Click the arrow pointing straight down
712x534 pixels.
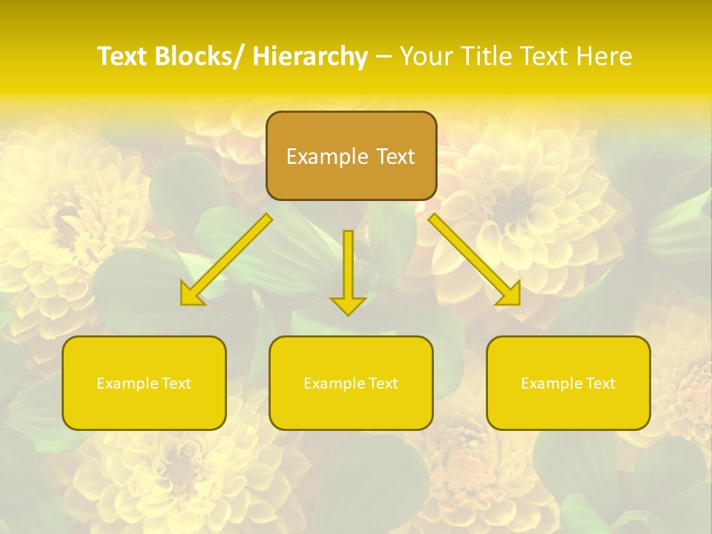(349, 267)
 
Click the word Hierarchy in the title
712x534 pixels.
(310, 56)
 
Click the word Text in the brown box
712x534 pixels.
(395, 156)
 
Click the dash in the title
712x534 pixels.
(383, 57)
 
